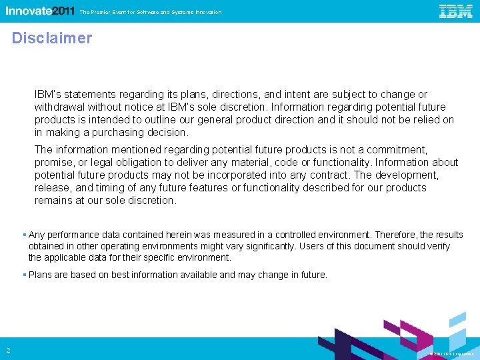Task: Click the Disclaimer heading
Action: (52, 38)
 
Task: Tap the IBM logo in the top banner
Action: (456, 11)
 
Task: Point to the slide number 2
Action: (8, 351)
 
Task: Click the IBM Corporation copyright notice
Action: (451, 354)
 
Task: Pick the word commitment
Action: (397, 150)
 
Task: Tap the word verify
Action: (436, 246)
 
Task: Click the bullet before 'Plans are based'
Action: (24, 275)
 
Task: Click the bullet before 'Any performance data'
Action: (24, 235)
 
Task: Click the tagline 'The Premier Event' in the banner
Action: (150, 12)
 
